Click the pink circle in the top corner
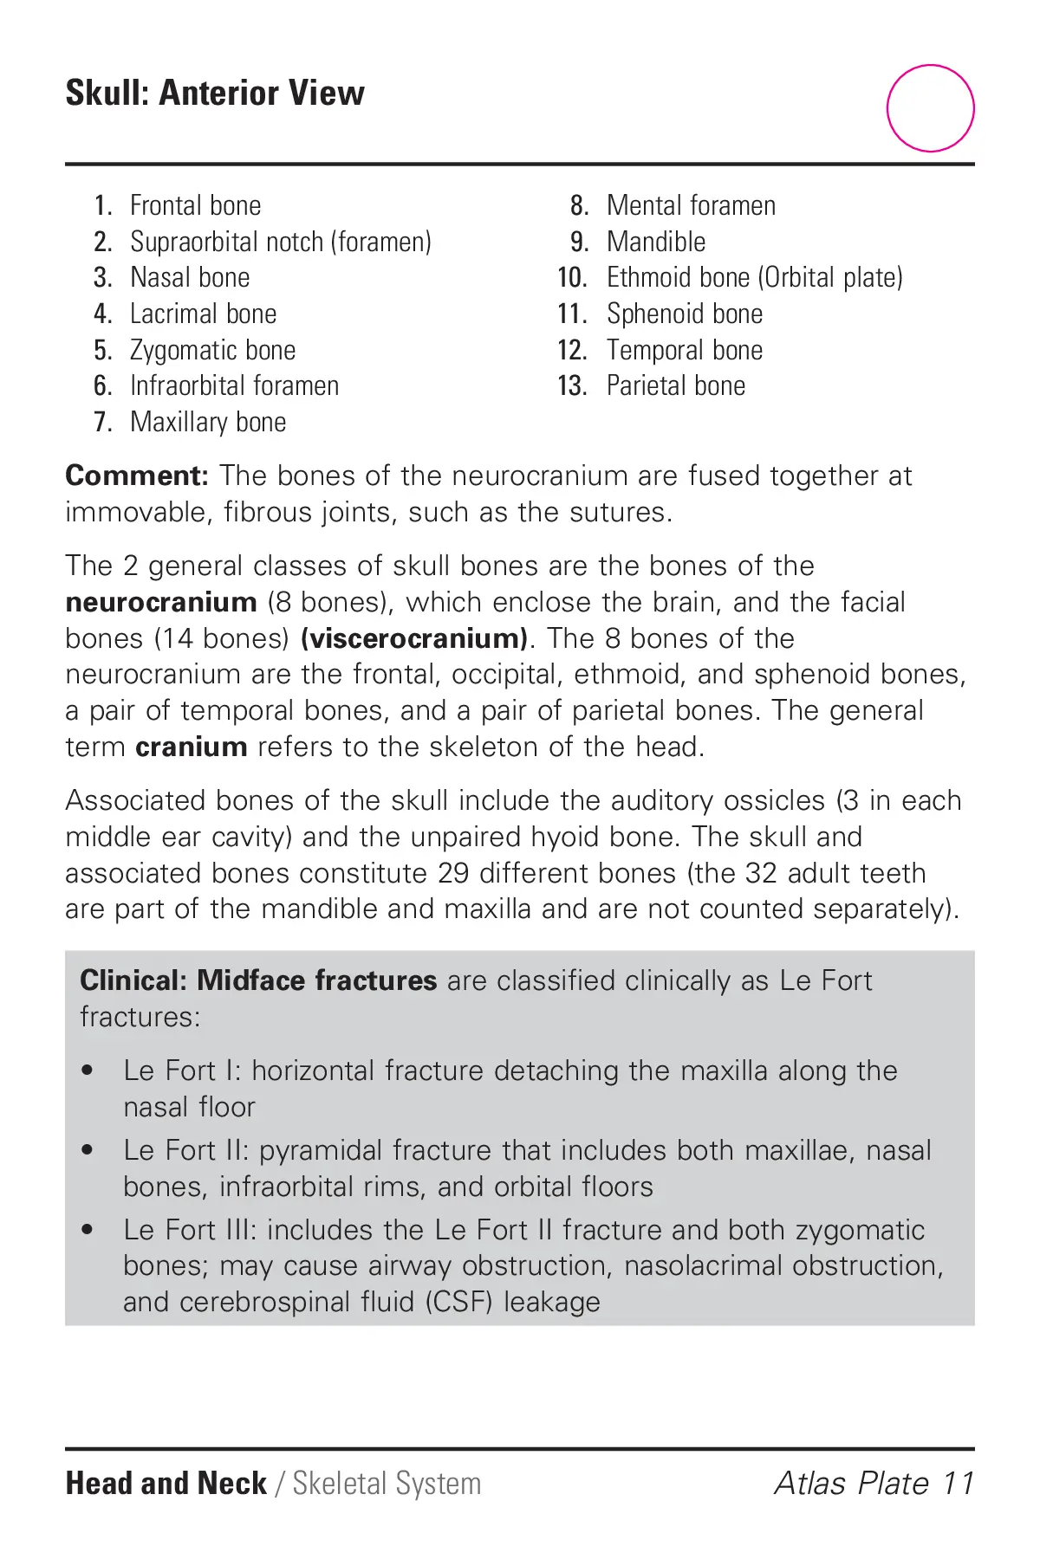[x=930, y=108]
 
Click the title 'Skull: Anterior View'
[x=215, y=93]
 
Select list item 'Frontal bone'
[x=195, y=205]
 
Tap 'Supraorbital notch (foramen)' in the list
[x=280, y=242]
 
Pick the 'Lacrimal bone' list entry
[x=203, y=314]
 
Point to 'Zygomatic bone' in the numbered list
[x=212, y=350]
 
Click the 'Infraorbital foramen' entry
[x=234, y=385]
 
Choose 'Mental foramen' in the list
[x=691, y=205]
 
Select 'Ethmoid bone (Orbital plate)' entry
[x=754, y=277]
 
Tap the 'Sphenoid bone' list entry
[x=685, y=314]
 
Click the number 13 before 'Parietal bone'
[x=572, y=385]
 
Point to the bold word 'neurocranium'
[x=161, y=602]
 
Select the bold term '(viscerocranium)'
[x=414, y=638]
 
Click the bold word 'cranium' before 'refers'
[x=192, y=747]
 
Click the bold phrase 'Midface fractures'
[x=316, y=980]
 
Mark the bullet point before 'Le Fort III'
[x=87, y=1230]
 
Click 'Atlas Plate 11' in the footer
[x=874, y=1483]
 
